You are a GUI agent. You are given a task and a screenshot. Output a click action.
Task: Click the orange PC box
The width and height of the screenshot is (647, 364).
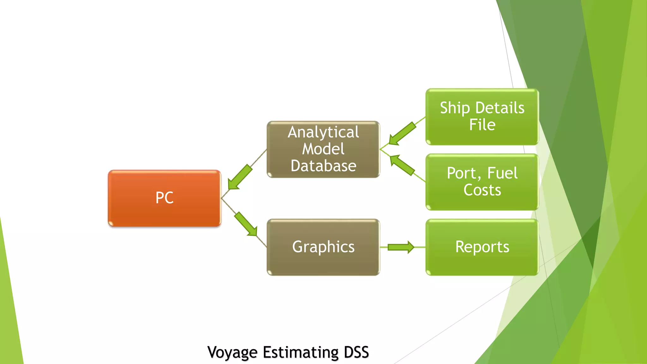(x=164, y=198)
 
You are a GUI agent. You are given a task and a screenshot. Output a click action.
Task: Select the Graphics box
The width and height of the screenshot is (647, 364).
(x=323, y=247)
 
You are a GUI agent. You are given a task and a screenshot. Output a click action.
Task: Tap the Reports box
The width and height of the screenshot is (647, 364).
(x=482, y=247)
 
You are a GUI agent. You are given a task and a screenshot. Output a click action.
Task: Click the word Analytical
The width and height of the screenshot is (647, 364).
(x=323, y=132)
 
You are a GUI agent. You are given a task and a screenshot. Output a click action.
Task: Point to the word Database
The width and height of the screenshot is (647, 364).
(x=323, y=166)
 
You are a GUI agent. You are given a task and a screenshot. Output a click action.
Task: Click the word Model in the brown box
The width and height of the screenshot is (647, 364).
(x=323, y=149)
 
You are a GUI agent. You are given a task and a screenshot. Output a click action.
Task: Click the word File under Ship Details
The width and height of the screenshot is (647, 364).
(x=482, y=125)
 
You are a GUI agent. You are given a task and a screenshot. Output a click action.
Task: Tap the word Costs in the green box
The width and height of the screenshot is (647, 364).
(x=482, y=190)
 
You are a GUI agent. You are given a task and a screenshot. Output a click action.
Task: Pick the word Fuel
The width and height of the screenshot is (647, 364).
(x=502, y=173)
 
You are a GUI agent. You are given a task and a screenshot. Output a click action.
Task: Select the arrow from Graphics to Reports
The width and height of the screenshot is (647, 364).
(x=401, y=247)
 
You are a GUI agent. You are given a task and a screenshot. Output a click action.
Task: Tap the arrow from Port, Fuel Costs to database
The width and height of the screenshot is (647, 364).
(x=402, y=165)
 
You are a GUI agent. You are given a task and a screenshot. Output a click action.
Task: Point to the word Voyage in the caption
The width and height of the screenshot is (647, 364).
(x=232, y=352)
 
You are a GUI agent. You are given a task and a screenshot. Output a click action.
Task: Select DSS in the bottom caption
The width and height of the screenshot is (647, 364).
(x=356, y=352)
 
